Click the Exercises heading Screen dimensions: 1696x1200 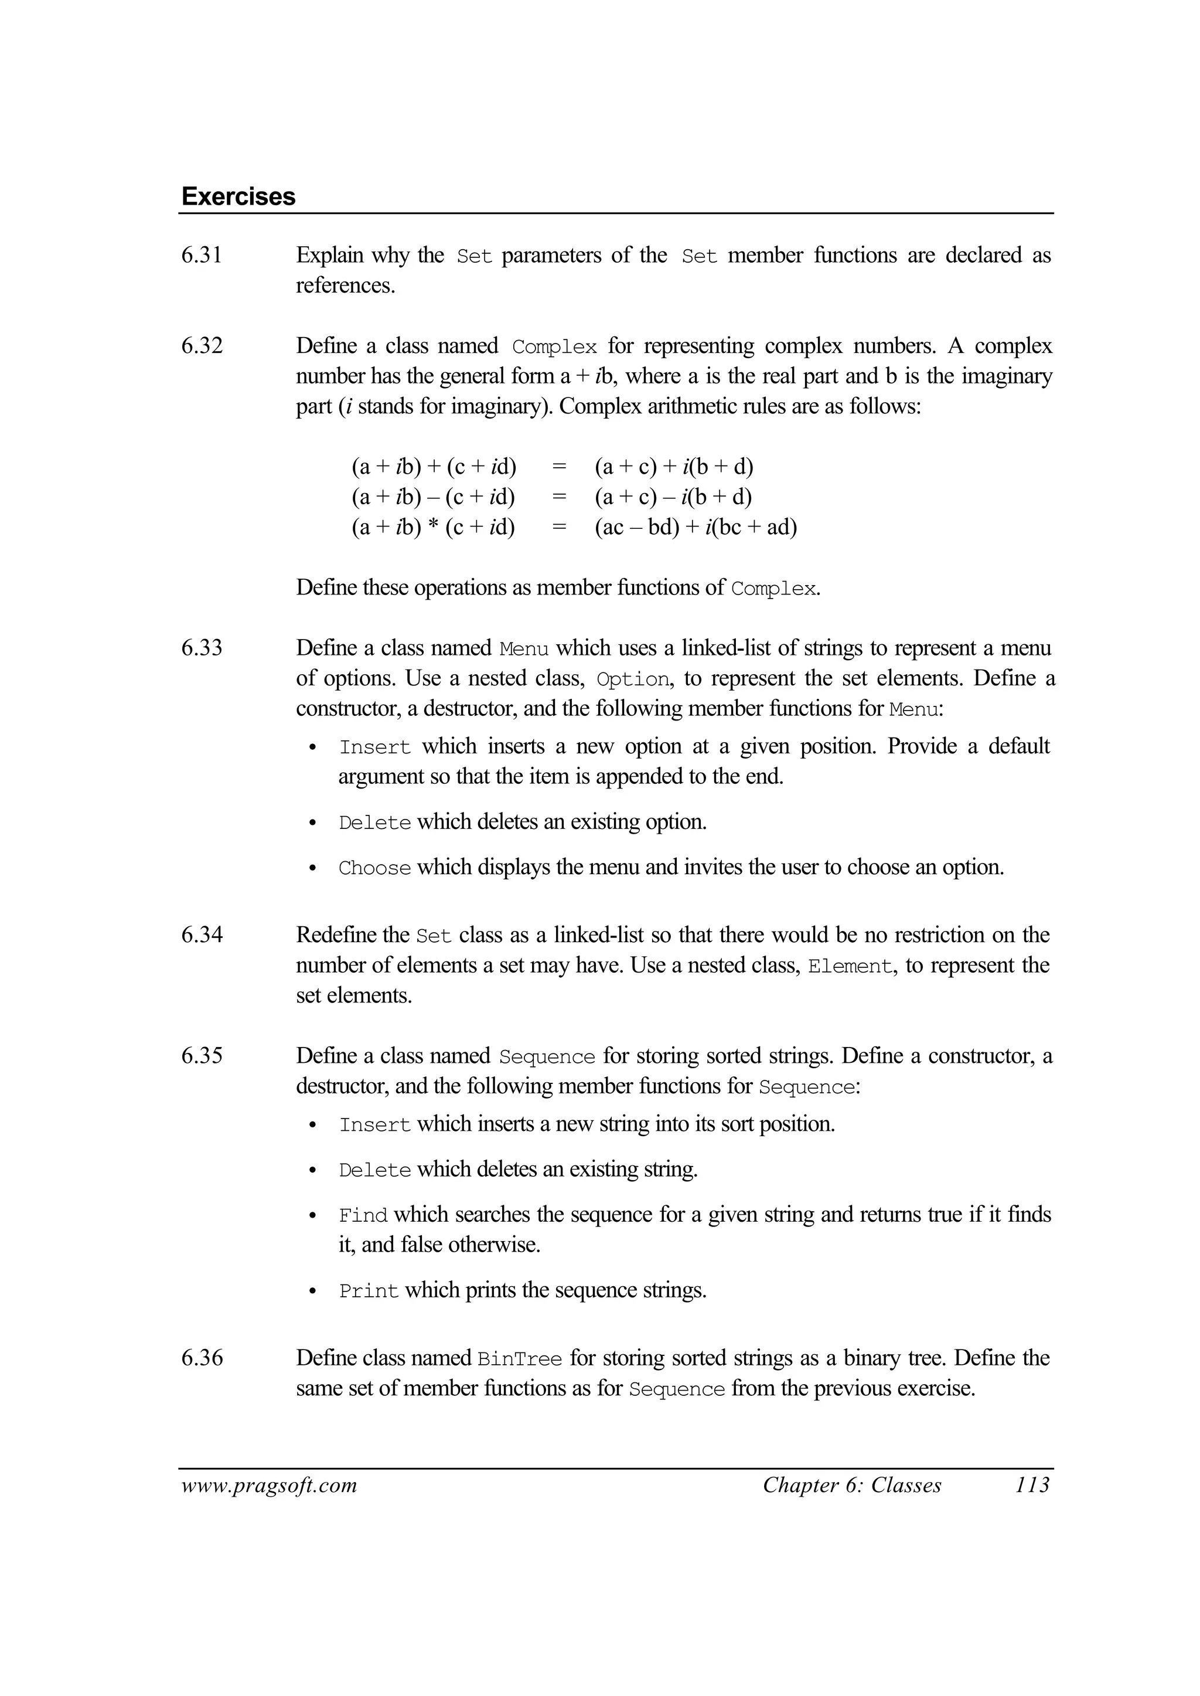(x=238, y=196)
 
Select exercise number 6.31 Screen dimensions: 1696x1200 (x=202, y=255)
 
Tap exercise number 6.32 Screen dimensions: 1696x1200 (x=202, y=346)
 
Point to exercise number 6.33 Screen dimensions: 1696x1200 (x=202, y=648)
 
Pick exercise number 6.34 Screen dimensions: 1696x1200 (x=202, y=935)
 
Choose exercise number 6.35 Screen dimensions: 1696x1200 (x=202, y=1056)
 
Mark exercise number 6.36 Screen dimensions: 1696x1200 (x=202, y=1358)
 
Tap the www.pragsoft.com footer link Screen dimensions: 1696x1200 (x=269, y=1486)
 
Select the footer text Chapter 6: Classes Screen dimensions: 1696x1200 (x=852, y=1486)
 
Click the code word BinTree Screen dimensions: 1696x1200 (x=520, y=1359)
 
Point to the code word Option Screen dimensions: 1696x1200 (x=632, y=679)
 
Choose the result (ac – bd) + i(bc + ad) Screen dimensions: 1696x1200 (x=696, y=527)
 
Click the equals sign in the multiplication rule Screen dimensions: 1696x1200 (x=560, y=527)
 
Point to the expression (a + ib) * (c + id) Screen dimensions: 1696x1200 (x=434, y=527)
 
